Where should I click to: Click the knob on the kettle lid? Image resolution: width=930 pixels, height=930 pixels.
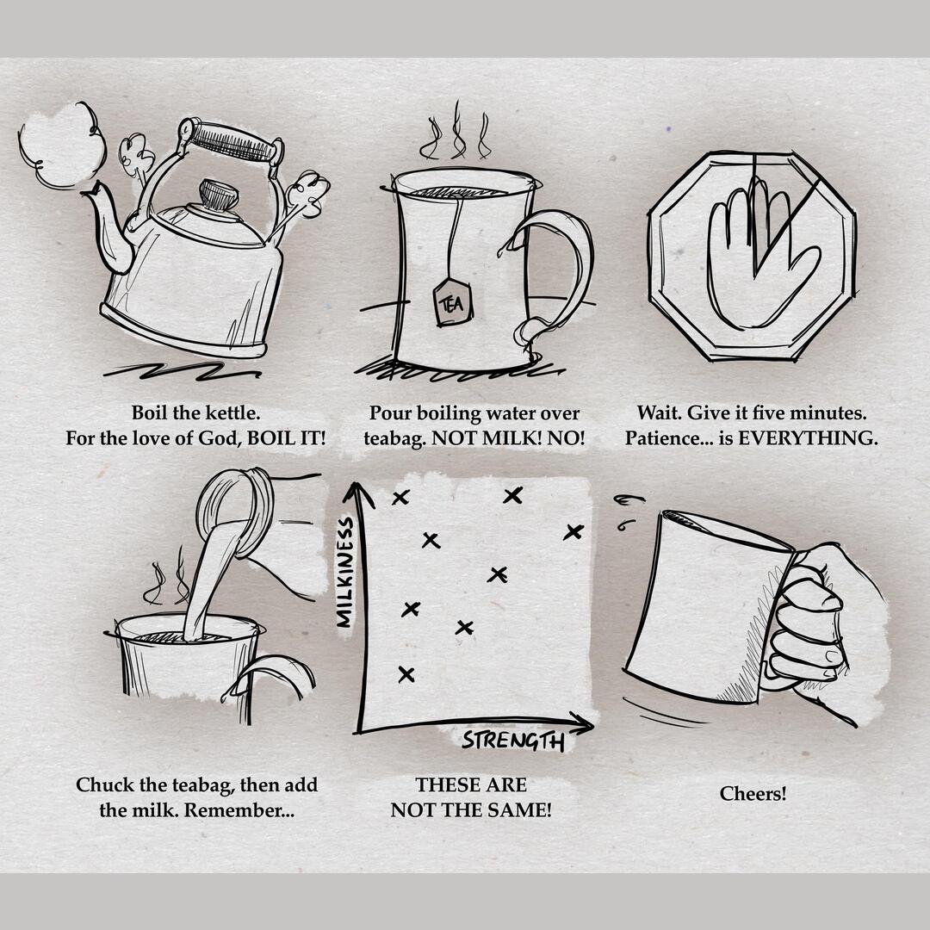coord(218,195)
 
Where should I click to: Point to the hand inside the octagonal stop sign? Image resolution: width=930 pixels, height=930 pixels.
coord(759,255)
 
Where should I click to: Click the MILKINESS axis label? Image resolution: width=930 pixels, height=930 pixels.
coord(345,572)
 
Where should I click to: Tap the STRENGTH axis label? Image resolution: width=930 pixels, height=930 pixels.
coord(513,741)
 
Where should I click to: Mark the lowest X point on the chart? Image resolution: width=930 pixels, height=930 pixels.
coord(406,674)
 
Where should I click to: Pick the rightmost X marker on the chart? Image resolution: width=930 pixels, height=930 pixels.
coord(573,532)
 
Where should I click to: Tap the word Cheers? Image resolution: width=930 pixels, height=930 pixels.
coord(753,794)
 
